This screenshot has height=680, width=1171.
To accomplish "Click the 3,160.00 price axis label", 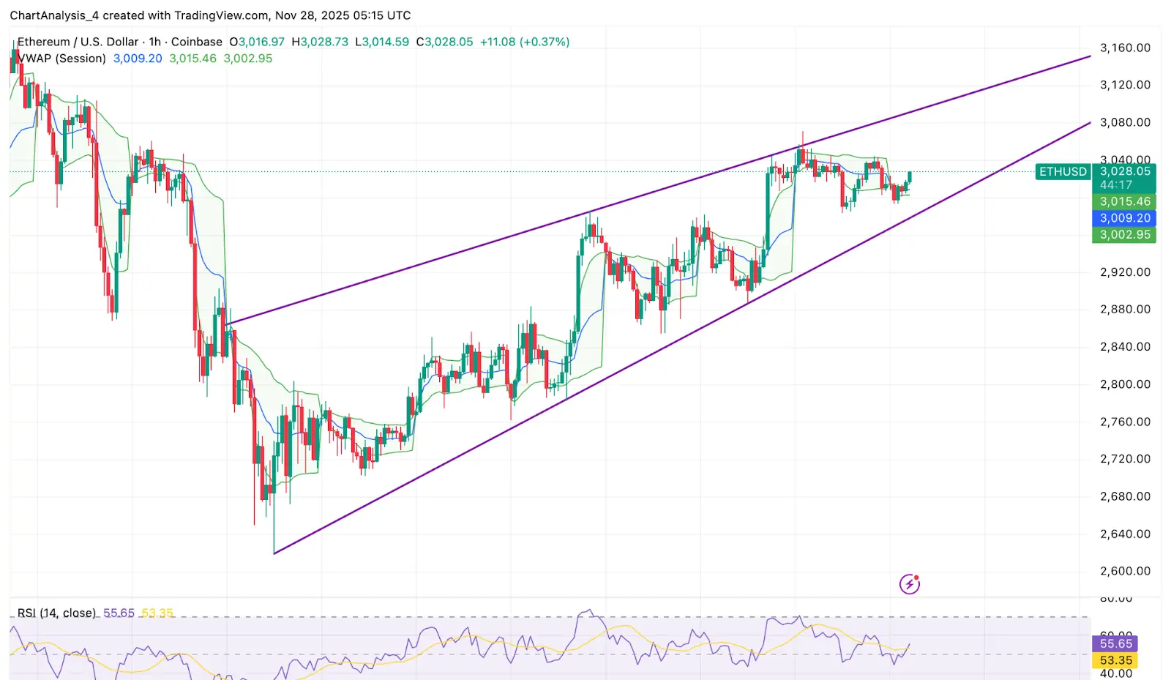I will pos(1125,48).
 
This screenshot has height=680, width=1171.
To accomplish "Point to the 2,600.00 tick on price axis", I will pos(1125,571).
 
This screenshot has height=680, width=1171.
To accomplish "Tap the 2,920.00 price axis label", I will pos(1125,272).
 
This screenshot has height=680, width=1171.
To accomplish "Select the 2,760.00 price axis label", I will pos(1125,422).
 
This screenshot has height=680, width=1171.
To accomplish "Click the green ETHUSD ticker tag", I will pos(1063,171).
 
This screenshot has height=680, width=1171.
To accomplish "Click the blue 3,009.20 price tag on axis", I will pos(1124,218).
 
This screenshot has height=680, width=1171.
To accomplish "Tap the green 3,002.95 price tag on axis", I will pos(1124,235).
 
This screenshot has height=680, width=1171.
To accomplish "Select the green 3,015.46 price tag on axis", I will pos(1124,201).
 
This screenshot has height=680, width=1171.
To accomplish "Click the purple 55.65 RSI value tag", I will pos(1115,643).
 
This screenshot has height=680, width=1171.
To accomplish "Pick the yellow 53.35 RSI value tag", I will pos(1115,660).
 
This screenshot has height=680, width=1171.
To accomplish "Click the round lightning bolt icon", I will pos(909,584).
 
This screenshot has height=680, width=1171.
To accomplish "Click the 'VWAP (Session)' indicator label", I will pos(61,59).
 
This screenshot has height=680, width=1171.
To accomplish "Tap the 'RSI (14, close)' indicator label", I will pos(56,613).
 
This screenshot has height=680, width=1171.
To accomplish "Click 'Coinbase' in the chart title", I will pos(196,42).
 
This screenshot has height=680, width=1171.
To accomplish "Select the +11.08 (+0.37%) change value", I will pos(524,42).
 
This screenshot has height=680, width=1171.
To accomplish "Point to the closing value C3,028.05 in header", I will pos(445,42).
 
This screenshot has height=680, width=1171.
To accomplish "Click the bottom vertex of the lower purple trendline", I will pos(274,553).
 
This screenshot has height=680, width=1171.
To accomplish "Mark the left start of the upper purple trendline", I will pos(226,324).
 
